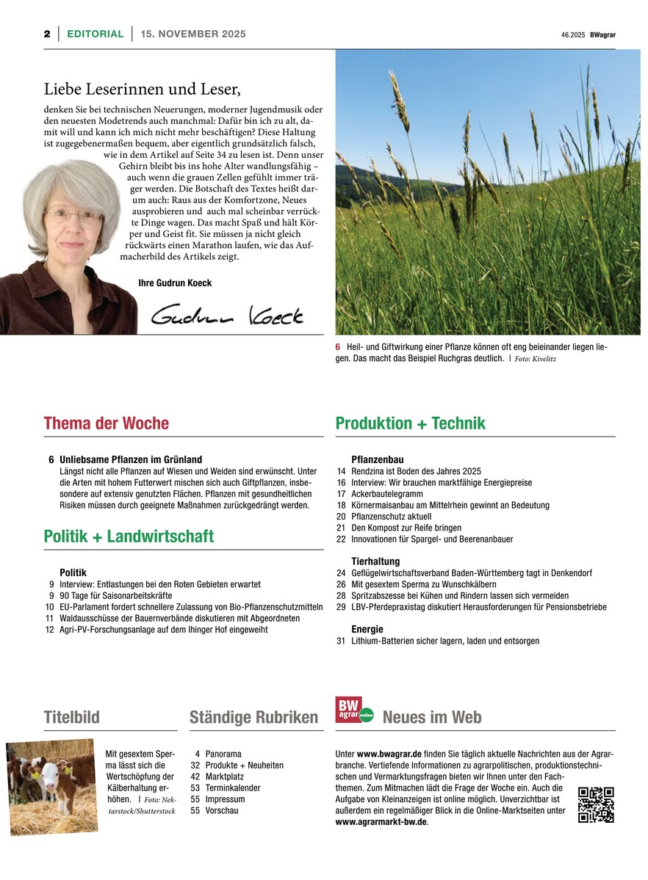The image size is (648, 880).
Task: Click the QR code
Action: click(596, 804)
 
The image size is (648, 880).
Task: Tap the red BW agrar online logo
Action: click(354, 710)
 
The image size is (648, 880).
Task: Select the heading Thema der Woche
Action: click(106, 423)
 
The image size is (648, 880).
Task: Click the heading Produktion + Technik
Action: click(410, 423)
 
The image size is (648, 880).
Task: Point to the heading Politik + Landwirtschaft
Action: click(129, 537)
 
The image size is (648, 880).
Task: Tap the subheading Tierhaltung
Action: click(375, 561)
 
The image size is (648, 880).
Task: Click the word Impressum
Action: click(225, 799)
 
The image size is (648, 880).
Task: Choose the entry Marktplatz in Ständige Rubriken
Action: click(225, 777)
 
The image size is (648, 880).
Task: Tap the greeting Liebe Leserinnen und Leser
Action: click(143, 90)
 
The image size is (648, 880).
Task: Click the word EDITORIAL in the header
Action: click(95, 34)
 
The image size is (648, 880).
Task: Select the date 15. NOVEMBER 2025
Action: click(193, 34)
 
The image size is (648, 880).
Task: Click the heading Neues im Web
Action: click(432, 717)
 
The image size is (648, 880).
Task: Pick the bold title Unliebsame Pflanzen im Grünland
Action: click(131, 459)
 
